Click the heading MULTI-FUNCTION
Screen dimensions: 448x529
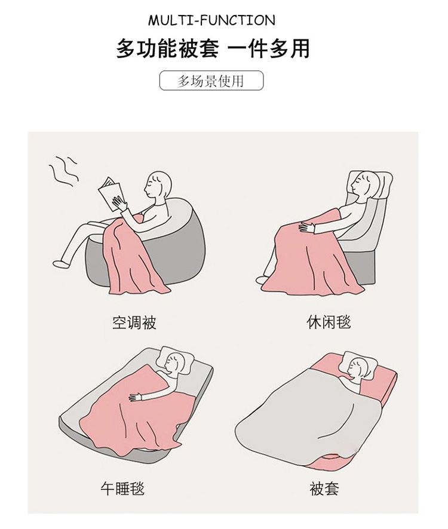coord(211,20)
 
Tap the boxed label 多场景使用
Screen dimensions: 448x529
coord(211,80)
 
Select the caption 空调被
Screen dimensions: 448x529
coord(134,322)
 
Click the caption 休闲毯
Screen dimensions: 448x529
coord(329,322)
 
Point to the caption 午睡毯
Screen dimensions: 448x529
coord(122,488)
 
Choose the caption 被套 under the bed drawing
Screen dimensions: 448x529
coord(324,488)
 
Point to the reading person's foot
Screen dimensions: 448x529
coord(60,263)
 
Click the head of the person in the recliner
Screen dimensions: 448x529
coord(363,184)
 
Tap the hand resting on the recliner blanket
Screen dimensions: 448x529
coord(306,227)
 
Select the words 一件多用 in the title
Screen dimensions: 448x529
coord(269,49)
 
